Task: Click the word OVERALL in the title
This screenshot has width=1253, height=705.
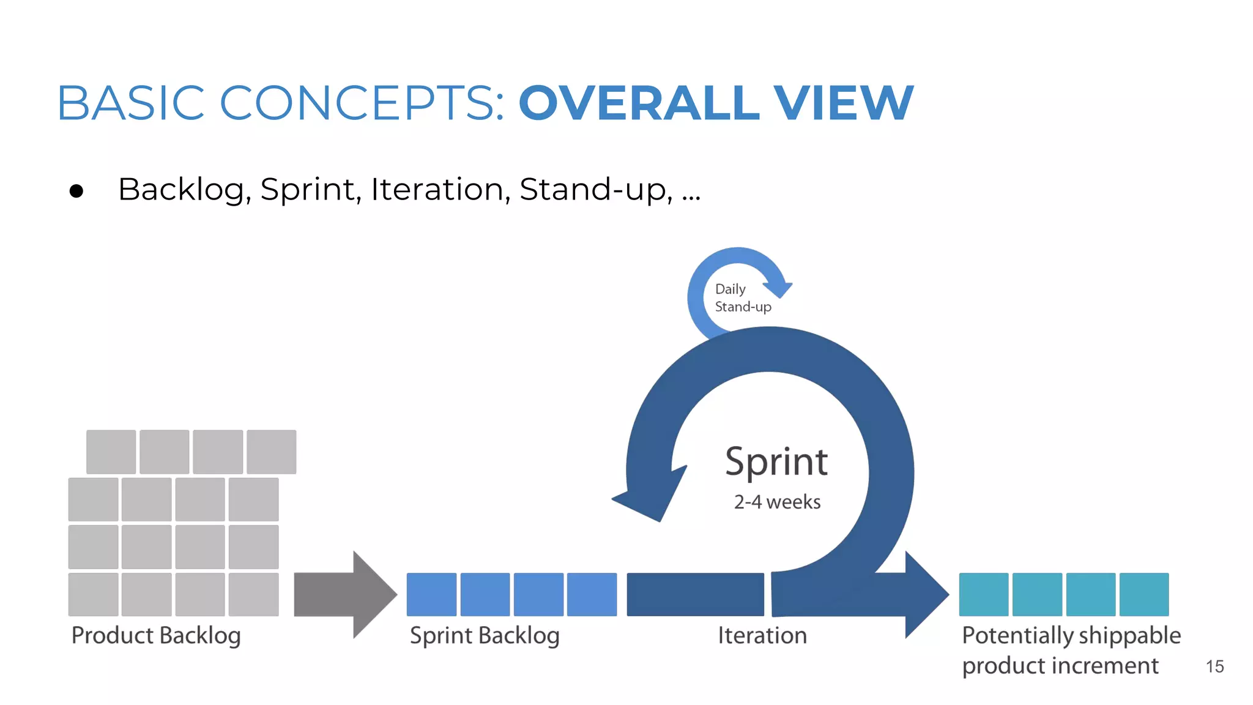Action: point(639,103)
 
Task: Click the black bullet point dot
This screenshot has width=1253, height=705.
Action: point(76,192)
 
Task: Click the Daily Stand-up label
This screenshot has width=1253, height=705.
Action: point(742,298)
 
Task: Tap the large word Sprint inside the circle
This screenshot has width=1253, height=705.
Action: point(776,461)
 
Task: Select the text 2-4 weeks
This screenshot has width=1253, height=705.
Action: point(777,502)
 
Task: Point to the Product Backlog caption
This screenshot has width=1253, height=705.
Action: point(156,636)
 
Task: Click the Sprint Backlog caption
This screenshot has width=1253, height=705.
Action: point(485,636)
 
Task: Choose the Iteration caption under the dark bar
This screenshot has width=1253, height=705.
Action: point(762,636)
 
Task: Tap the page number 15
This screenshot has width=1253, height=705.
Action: point(1214,666)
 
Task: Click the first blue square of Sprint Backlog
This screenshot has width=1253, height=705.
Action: point(431,594)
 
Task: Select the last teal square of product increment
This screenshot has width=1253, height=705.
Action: point(1144,594)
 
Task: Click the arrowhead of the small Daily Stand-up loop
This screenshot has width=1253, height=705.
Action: point(778,288)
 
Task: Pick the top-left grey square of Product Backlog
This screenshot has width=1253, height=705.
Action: point(111,452)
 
